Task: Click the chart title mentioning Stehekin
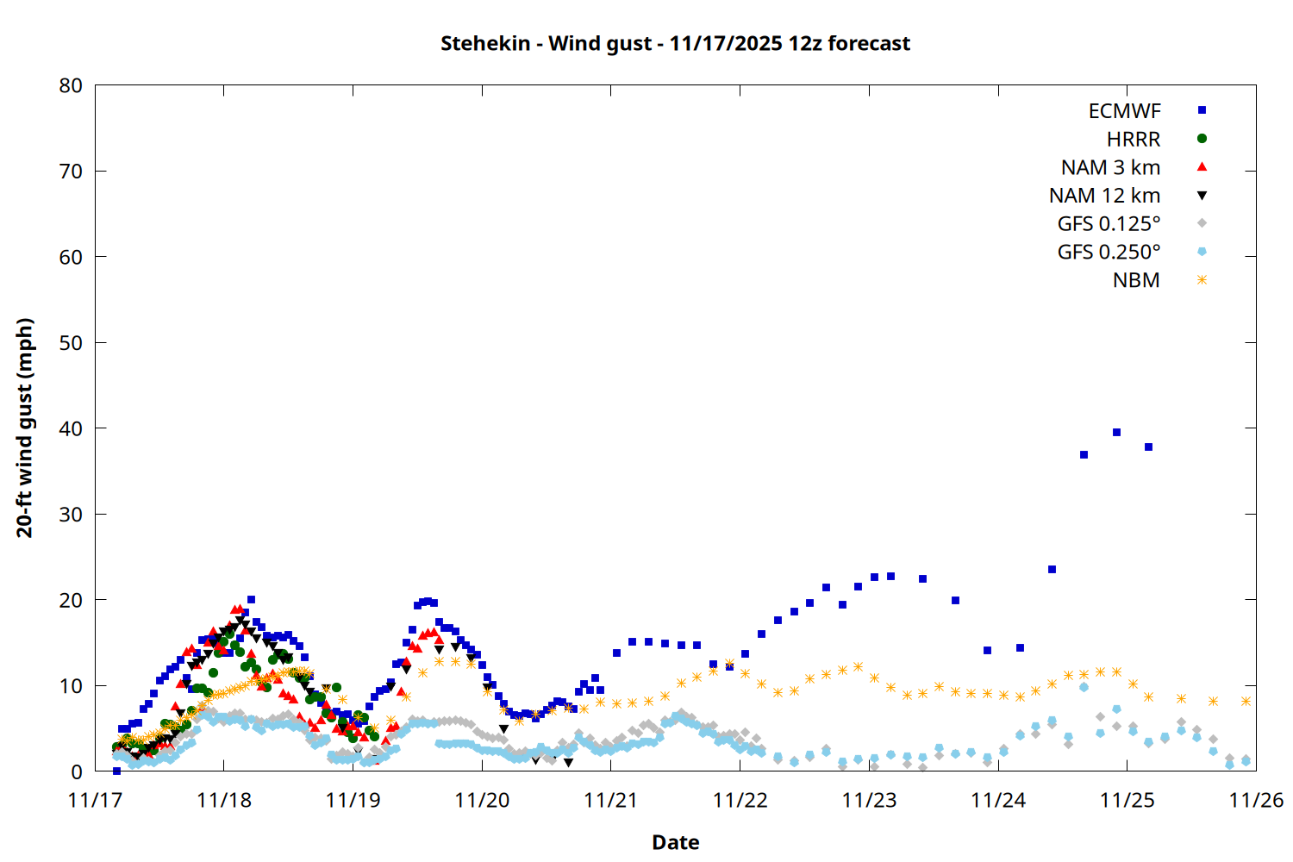pyautogui.click(x=675, y=43)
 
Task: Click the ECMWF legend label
pyautogui.click(x=1124, y=111)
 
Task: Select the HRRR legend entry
pyautogui.click(x=1134, y=140)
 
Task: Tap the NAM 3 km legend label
pyautogui.click(x=1110, y=167)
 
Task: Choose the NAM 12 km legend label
pyautogui.click(x=1104, y=196)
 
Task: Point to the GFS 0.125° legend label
pyautogui.click(x=1109, y=224)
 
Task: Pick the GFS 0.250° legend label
pyautogui.click(x=1109, y=252)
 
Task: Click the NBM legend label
pyautogui.click(x=1136, y=280)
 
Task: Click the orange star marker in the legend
pyautogui.click(x=1202, y=280)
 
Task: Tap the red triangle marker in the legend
pyautogui.click(x=1202, y=166)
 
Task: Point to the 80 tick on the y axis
pyautogui.click(x=71, y=85)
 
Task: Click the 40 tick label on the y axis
pyautogui.click(x=71, y=428)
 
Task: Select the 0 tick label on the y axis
pyautogui.click(x=77, y=771)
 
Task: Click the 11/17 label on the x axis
pyautogui.click(x=95, y=800)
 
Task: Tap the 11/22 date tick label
pyautogui.click(x=740, y=800)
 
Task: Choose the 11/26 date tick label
pyautogui.click(x=1256, y=800)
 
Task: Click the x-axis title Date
pyautogui.click(x=675, y=842)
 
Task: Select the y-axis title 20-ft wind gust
pyautogui.click(x=25, y=428)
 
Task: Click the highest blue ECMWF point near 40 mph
pyautogui.click(x=1116, y=433)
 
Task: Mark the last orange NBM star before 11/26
pyautogui.click(x=1246, y=702)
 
